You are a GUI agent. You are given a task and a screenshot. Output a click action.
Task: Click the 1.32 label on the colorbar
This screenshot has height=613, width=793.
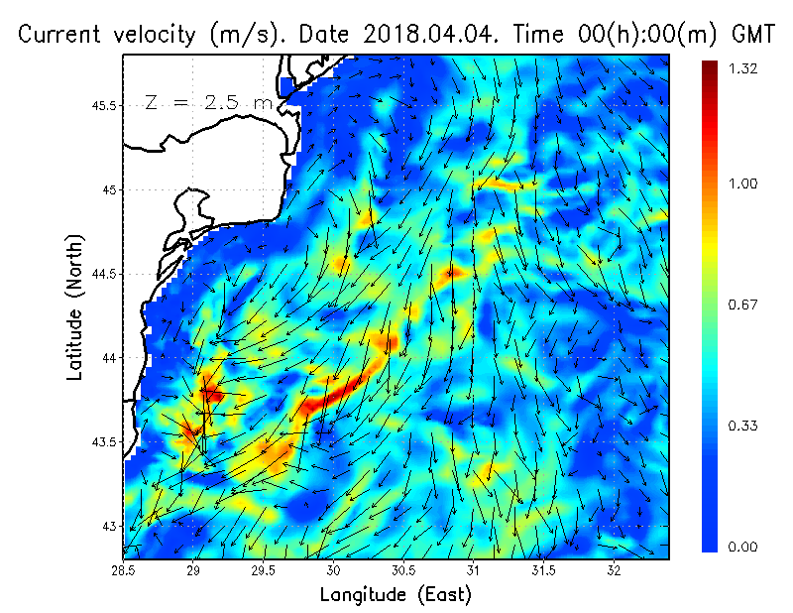coord(742,68)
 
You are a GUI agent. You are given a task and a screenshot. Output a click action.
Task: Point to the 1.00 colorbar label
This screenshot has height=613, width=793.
coord(742,184)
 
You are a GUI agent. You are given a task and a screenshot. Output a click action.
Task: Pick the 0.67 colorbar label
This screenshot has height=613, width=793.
coord(742,305)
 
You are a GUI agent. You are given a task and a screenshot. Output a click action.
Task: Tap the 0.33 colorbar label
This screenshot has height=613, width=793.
coord(742,427)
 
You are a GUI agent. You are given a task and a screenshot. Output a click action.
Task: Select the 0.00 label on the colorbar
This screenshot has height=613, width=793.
coord(742,547)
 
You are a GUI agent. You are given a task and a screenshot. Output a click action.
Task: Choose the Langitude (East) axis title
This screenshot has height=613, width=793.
coord(396,595)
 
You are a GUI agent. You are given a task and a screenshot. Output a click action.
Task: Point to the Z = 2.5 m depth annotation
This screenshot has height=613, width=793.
coord(206,103)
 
